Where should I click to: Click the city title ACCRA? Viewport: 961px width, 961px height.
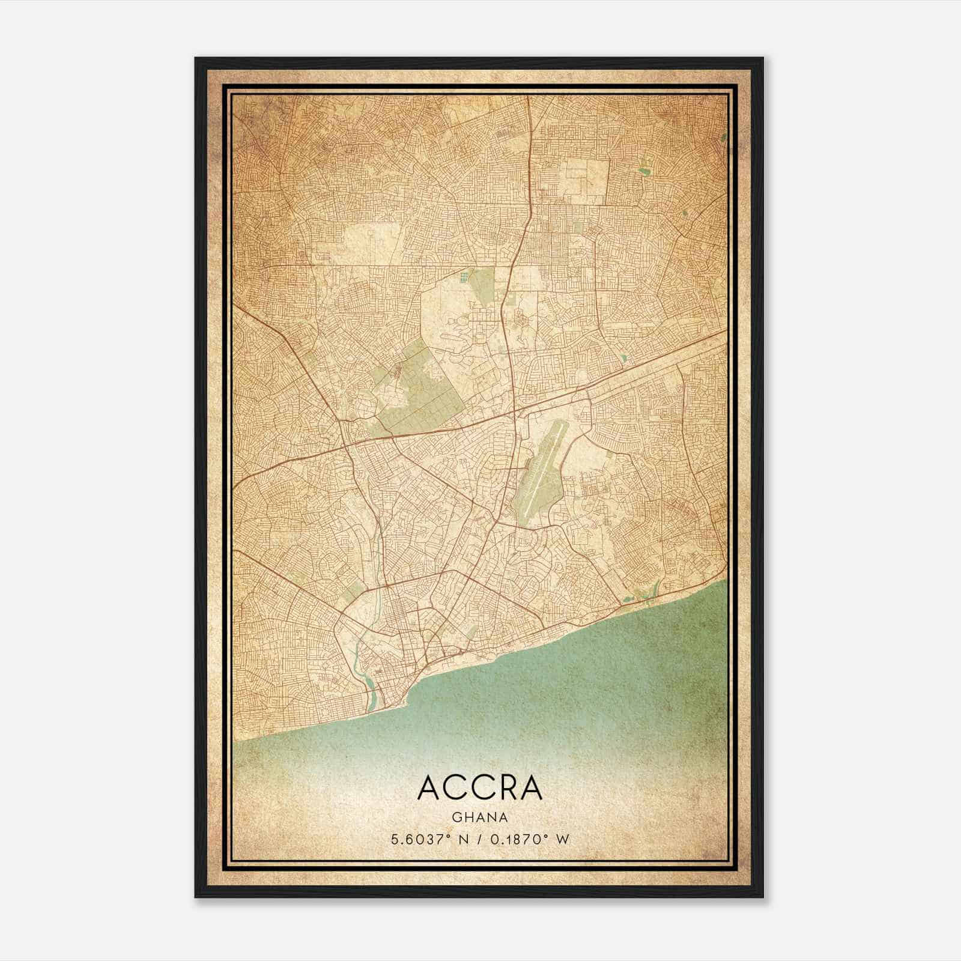pos(480,788)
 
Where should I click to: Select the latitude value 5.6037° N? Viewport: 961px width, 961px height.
pos(429,840)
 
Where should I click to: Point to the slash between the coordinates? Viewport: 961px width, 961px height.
pos(480,840)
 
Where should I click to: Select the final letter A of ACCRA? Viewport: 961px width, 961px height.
pos(531,788)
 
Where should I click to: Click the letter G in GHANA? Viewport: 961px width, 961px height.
pos(457,817)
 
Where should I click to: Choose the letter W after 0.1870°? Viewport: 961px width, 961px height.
pos(563,840)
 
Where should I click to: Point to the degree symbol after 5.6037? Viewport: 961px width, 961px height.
pos(449,837)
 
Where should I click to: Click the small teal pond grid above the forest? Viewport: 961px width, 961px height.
pos(462,277)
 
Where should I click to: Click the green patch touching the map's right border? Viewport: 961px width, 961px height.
pos(724,137)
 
